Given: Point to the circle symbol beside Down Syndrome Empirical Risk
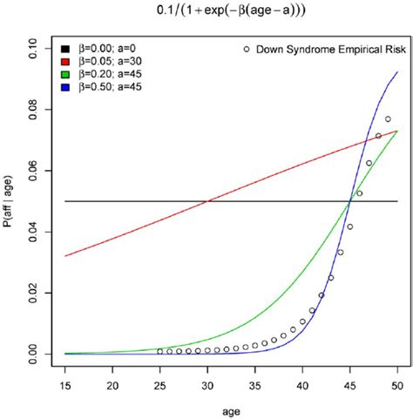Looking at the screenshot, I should (250, 50).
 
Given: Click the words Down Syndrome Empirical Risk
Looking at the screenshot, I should (326, 50).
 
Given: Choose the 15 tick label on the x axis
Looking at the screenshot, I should (65, 383).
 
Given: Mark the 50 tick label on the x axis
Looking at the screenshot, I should (397, 383).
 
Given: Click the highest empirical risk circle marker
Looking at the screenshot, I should (388, 119).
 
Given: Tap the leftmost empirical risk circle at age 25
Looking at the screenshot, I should (160, 351).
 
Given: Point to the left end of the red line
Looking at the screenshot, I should (65, 256).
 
